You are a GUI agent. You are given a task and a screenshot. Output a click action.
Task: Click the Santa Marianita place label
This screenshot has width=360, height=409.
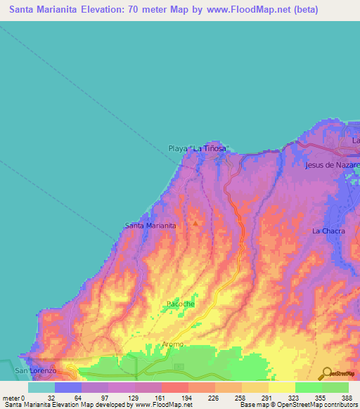tap(150, 226)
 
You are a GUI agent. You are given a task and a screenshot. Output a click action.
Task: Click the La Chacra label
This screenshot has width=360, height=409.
tap(327, 231)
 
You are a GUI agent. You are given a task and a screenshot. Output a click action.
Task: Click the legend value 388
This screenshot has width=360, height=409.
tap(347, 397)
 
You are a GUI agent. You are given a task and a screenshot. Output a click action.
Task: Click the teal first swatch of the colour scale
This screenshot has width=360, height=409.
tap(41, 387)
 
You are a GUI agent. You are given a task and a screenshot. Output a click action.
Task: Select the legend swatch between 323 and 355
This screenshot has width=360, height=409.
tap(308, 387)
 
